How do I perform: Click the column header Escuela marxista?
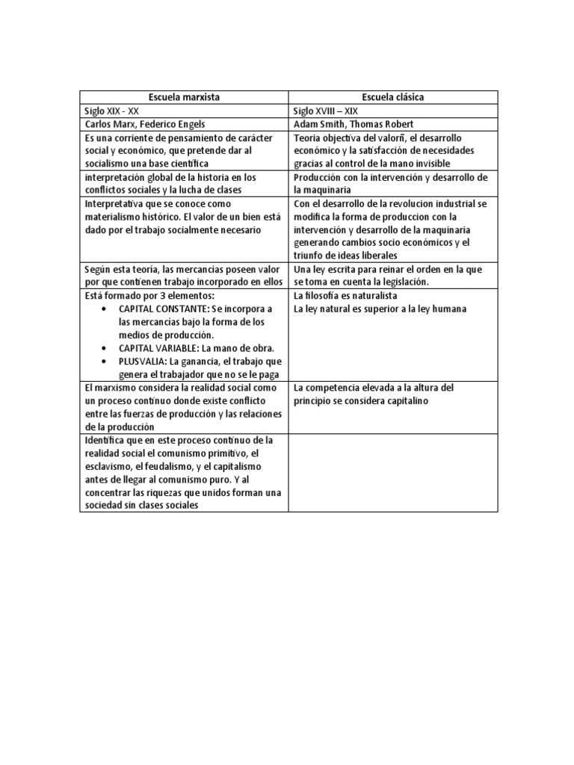click(184, 97)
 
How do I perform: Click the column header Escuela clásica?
click(393, 97)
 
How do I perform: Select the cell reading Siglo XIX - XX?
click(113, 111)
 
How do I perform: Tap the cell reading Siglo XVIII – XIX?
click(327, 111)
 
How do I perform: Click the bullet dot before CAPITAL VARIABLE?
click(103, 349)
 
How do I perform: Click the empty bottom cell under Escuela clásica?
click(393, 473)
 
